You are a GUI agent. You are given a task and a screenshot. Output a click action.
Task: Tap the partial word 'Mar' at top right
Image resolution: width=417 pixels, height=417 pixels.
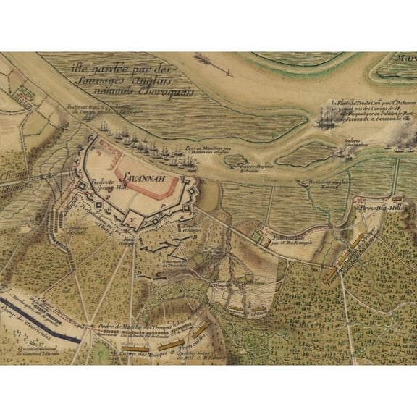click(406, 57)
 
